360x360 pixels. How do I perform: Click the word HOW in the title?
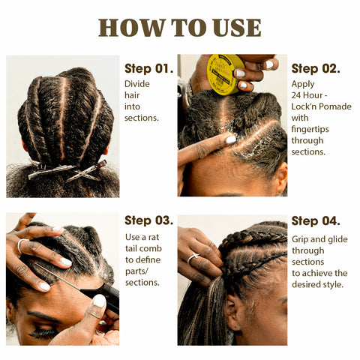pyautogui.click(x=131, y=28)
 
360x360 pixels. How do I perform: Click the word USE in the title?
pyautogui.click(x=237, y=28)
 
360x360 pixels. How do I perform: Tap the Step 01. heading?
pyautogui.click(x=149, y=68)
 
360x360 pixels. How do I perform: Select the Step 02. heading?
pyautogui.click(x=316, y=68)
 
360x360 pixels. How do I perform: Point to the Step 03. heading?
pyautogui.click(x=149, y=220)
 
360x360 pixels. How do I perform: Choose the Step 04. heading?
pyautogui.click(x=316, y=221)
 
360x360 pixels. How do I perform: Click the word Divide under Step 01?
pyautogui.click(x=137, y=84)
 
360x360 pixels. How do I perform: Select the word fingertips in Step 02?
pyautogui.click(x=310, y=130)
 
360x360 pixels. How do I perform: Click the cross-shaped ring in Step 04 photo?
pyautogui.click(x=193, y=258)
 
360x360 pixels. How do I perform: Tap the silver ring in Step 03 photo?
pyautogui.click(x=22, y=244)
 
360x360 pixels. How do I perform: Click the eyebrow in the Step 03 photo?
pyautogui.click(x=43, y=316)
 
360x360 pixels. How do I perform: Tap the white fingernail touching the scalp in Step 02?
pyautogui.click(x=231, y=139)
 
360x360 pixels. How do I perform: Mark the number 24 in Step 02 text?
pyautogui.click(x=296, y=95)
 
